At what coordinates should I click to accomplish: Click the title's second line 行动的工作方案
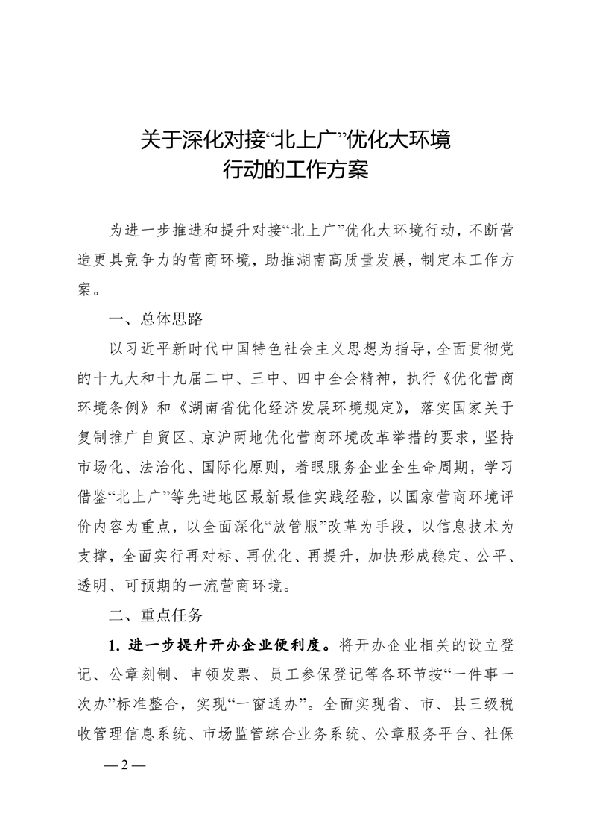[x=296, y=170]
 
